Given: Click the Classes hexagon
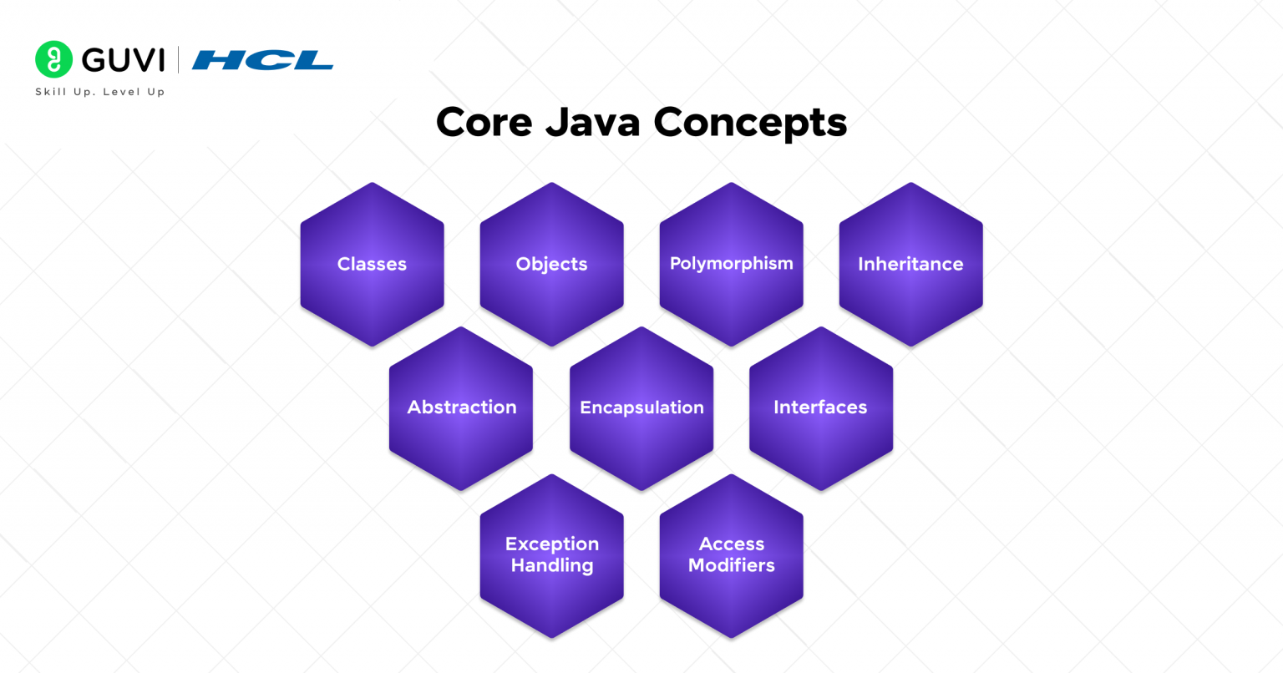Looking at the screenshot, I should pyautogui.click(x=372, y=264).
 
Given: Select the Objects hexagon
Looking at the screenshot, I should pyautogui.click(x=551, y=264).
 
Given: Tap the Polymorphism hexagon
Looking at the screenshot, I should pyautogui.click(x=731, y=264).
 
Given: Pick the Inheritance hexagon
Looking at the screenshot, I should pyautogui.click(x=910, y=264).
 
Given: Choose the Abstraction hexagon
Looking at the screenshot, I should pyautogui.click(x=461, y=407).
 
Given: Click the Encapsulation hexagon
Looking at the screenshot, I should pyautogui.click(x=641, y=407).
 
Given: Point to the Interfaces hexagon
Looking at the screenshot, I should pyautogui.click(x=820, y=407).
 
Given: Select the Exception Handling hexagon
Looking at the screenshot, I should pyautogui.click(x=551, y=555).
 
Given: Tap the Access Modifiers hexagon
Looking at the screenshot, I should pyautogui.click(x=731, y=555).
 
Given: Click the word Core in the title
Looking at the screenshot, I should pyautogui.click(x=484, y=123).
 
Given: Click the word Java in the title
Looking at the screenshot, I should pyautogui.click(x=593, y=123).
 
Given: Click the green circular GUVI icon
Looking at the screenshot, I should pyautogui.click(x=54, y=59).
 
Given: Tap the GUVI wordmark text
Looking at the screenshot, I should pyautogui.click(x=124, y=60).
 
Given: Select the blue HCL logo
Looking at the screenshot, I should pyautogui.click(x=262, y=60).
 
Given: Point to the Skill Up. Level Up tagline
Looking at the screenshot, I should pyautogui.click(x=100, y=92).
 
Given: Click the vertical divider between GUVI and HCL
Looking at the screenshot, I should pyautogui.click(x=178, y=60).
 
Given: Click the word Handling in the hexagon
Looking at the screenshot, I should pyautogui.click(x=551, y=566).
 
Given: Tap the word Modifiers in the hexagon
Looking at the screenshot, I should pyautogui.click(x=731, y=566).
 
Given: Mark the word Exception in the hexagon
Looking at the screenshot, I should pyautogui.click(x=551, y=544).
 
